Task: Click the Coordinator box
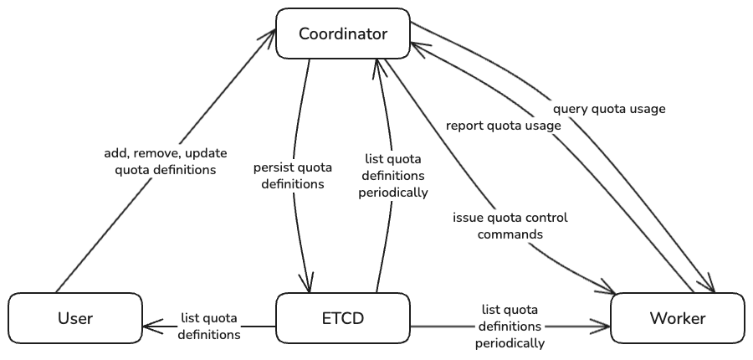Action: (x=343, y=34)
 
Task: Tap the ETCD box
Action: (x=343, y=318)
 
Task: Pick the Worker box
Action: (x=678, y=318)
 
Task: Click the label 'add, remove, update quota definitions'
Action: (x=159, y=162)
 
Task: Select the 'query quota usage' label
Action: (x=610, y=109)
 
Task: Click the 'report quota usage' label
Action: (x=503, y=126)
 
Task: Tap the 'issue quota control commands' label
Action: (x=510, y=226)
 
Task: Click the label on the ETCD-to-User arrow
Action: (x=209, y=327)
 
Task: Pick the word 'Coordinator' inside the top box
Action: (x=343, y=34)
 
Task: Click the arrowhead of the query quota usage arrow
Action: (x=711, y=288)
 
